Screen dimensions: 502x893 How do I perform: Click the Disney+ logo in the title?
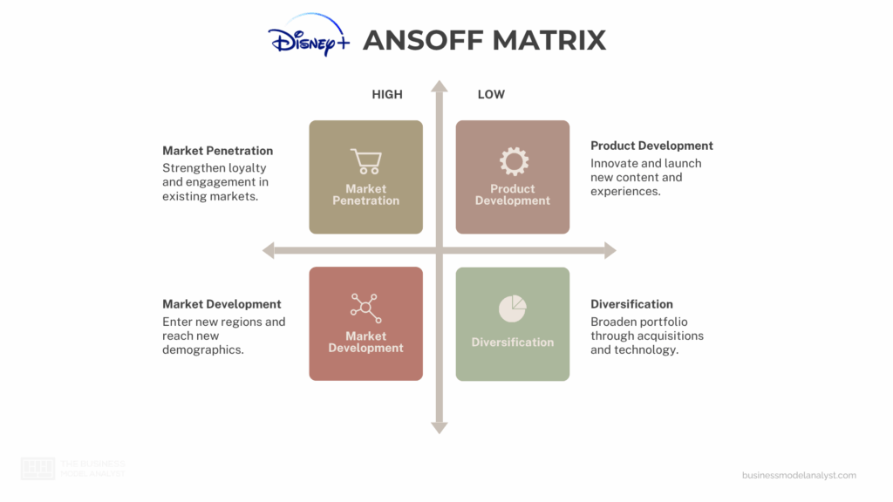coord(308,37)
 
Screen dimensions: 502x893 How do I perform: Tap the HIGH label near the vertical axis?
coord(387,94)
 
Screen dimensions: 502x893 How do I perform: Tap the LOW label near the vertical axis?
coord(491,94)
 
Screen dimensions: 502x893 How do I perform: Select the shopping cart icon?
coord(365,161)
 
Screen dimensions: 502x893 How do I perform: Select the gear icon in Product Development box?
coord(513,161)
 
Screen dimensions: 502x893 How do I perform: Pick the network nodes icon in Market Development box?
coord(365,308)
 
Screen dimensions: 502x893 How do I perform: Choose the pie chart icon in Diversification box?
coord(513,309)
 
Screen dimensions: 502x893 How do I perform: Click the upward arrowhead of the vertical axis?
coord(440,86)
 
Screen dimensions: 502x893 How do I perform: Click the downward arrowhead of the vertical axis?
coord(440,427)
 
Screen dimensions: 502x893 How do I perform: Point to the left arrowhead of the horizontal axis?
coord(269,251)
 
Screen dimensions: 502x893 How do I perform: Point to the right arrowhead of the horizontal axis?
coord(610,251)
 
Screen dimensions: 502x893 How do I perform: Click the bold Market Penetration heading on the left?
coord(217,151)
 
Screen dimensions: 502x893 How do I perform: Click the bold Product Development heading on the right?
coord(651,146)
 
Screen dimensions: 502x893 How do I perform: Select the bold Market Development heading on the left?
coord(222,304)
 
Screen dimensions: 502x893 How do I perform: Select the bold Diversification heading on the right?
coord(631,304)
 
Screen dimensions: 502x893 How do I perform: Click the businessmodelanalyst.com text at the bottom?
coord(799,475)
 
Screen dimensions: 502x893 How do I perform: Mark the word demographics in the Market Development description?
coord(202,349)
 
